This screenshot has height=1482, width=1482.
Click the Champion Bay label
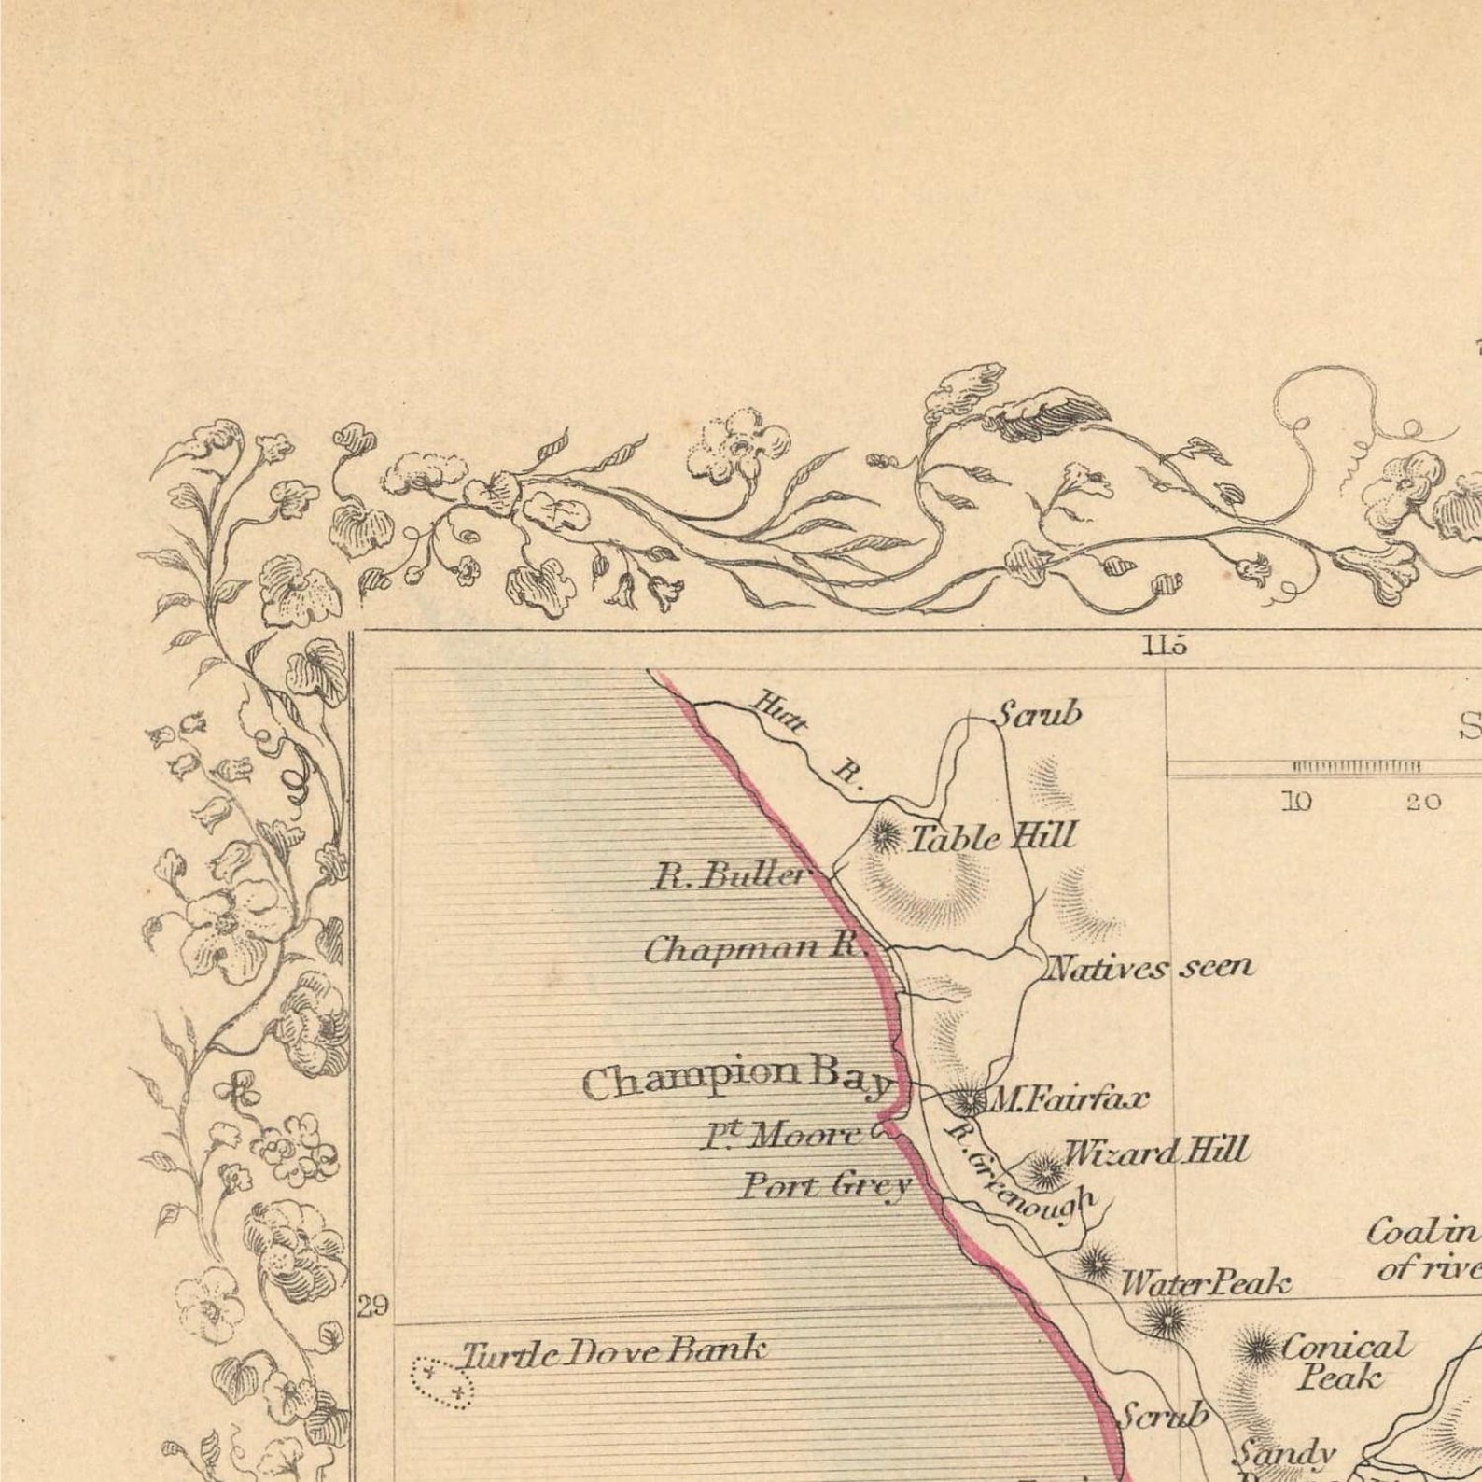[736, 1080]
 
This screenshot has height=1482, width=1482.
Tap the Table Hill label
[992, 837]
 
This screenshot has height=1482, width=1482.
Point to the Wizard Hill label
[1155, 1152]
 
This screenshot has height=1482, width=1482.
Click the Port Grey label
[826, 1186]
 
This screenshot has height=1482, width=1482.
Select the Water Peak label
[1205, 1284]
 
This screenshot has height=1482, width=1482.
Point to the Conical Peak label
[1344, 1359]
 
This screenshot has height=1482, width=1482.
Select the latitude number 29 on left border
[372, 1306]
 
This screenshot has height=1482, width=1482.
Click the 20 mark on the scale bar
[1424, 802]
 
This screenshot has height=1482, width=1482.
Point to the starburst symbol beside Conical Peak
[1259, 1347]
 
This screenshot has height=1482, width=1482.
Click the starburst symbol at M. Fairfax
[969, 1101]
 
